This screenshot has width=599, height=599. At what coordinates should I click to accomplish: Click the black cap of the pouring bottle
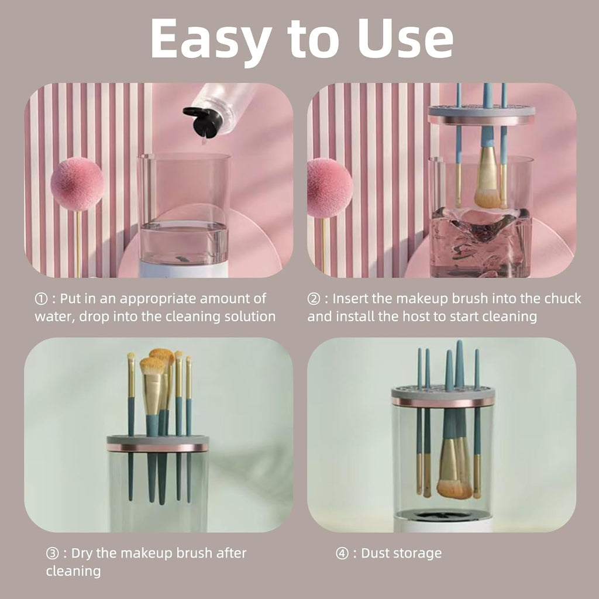click(x=202, y=121)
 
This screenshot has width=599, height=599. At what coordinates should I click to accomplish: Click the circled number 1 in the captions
click(x=40, y=299)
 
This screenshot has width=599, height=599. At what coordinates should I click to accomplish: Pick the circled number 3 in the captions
click(x=52, y=553)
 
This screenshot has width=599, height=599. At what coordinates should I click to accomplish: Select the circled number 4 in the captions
click(x=342, y=553)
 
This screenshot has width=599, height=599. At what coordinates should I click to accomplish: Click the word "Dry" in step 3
click(x=81, y=553)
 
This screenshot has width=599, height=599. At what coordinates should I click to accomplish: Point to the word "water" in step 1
click(x=52, y=317)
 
